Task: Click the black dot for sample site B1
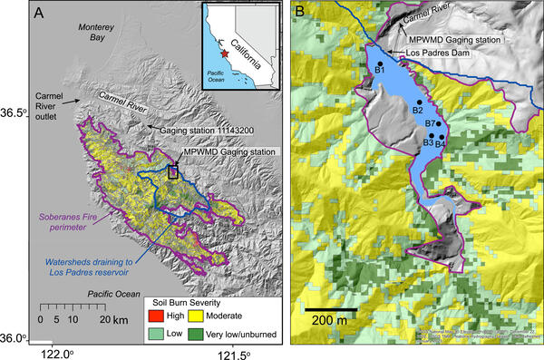point(380,63)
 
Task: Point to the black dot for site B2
point(418,102)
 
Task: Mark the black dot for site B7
point(438,123)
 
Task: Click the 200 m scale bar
point(332,310)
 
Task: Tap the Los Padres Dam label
point(439,53)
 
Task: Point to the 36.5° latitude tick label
point(16,112)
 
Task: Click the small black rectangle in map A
point(173,170)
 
